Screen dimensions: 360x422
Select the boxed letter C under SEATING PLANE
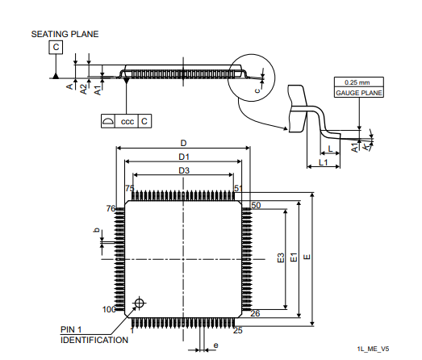(56, 48)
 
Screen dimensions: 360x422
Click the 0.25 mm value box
(357, 83)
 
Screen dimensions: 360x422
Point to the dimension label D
(183, 142)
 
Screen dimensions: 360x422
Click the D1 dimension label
(183, 156)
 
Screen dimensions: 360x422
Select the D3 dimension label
(183, 170)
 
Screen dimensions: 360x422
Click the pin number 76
(113, 208)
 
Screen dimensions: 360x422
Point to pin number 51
(239, 188)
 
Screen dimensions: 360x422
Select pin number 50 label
(256, 206)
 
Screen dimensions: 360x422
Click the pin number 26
(254, 313)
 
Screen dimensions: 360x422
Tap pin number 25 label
(238, 329)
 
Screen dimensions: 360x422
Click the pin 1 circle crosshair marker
(139, 303)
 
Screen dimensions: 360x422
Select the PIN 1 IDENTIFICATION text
(94, 335)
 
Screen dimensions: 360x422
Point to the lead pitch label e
(215, 345)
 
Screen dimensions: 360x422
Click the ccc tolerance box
(127, 121)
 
